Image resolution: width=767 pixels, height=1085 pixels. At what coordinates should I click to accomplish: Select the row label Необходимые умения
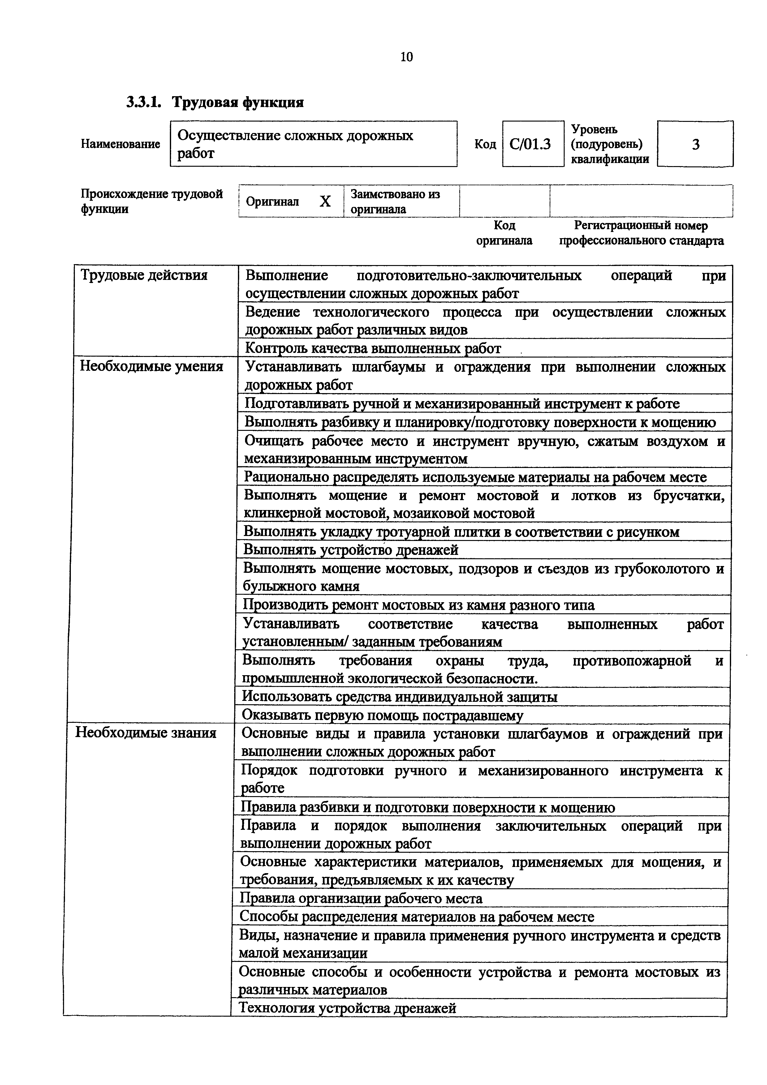click(151, 367)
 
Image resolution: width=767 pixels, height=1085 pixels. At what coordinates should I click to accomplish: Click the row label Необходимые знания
click(146, 733)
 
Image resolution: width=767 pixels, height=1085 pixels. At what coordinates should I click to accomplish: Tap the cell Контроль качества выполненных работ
click(373, 349)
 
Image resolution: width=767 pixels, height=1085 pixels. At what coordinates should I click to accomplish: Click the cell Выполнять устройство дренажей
click(351, 550)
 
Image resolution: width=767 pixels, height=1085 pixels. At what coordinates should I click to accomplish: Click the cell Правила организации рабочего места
click(361, 898)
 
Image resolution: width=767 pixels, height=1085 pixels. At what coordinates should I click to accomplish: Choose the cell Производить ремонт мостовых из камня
click(418, 605)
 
